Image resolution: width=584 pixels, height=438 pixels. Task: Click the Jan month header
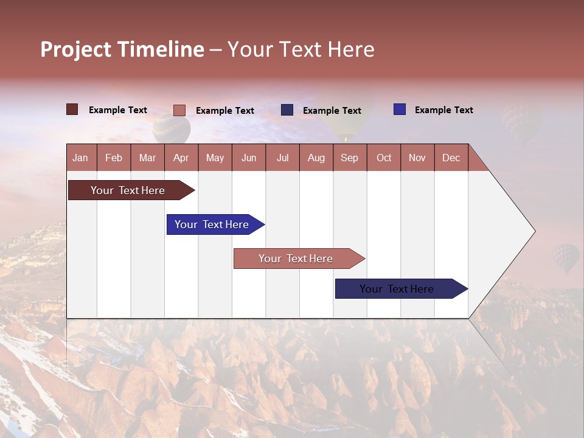80,158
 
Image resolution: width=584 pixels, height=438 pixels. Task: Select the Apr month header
181,158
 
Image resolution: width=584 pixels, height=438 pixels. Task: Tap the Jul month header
282,158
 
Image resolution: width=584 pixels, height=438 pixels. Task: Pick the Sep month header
349,158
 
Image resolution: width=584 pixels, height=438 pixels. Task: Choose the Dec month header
451,158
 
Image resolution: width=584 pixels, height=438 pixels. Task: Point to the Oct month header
384,158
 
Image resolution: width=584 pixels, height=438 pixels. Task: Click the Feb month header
114,158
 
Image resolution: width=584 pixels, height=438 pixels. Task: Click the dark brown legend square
72,109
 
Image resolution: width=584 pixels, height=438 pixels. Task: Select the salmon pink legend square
179,110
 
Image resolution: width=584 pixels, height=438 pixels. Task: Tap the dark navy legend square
287,110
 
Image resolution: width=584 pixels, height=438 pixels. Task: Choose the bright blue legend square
399,109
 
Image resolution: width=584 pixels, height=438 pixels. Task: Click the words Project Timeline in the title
122,49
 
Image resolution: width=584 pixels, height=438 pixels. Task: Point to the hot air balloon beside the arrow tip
566,258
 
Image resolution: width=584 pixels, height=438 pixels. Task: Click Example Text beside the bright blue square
443,110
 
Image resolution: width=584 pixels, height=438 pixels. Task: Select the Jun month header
249,158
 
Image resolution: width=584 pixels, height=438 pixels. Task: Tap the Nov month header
417,158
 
